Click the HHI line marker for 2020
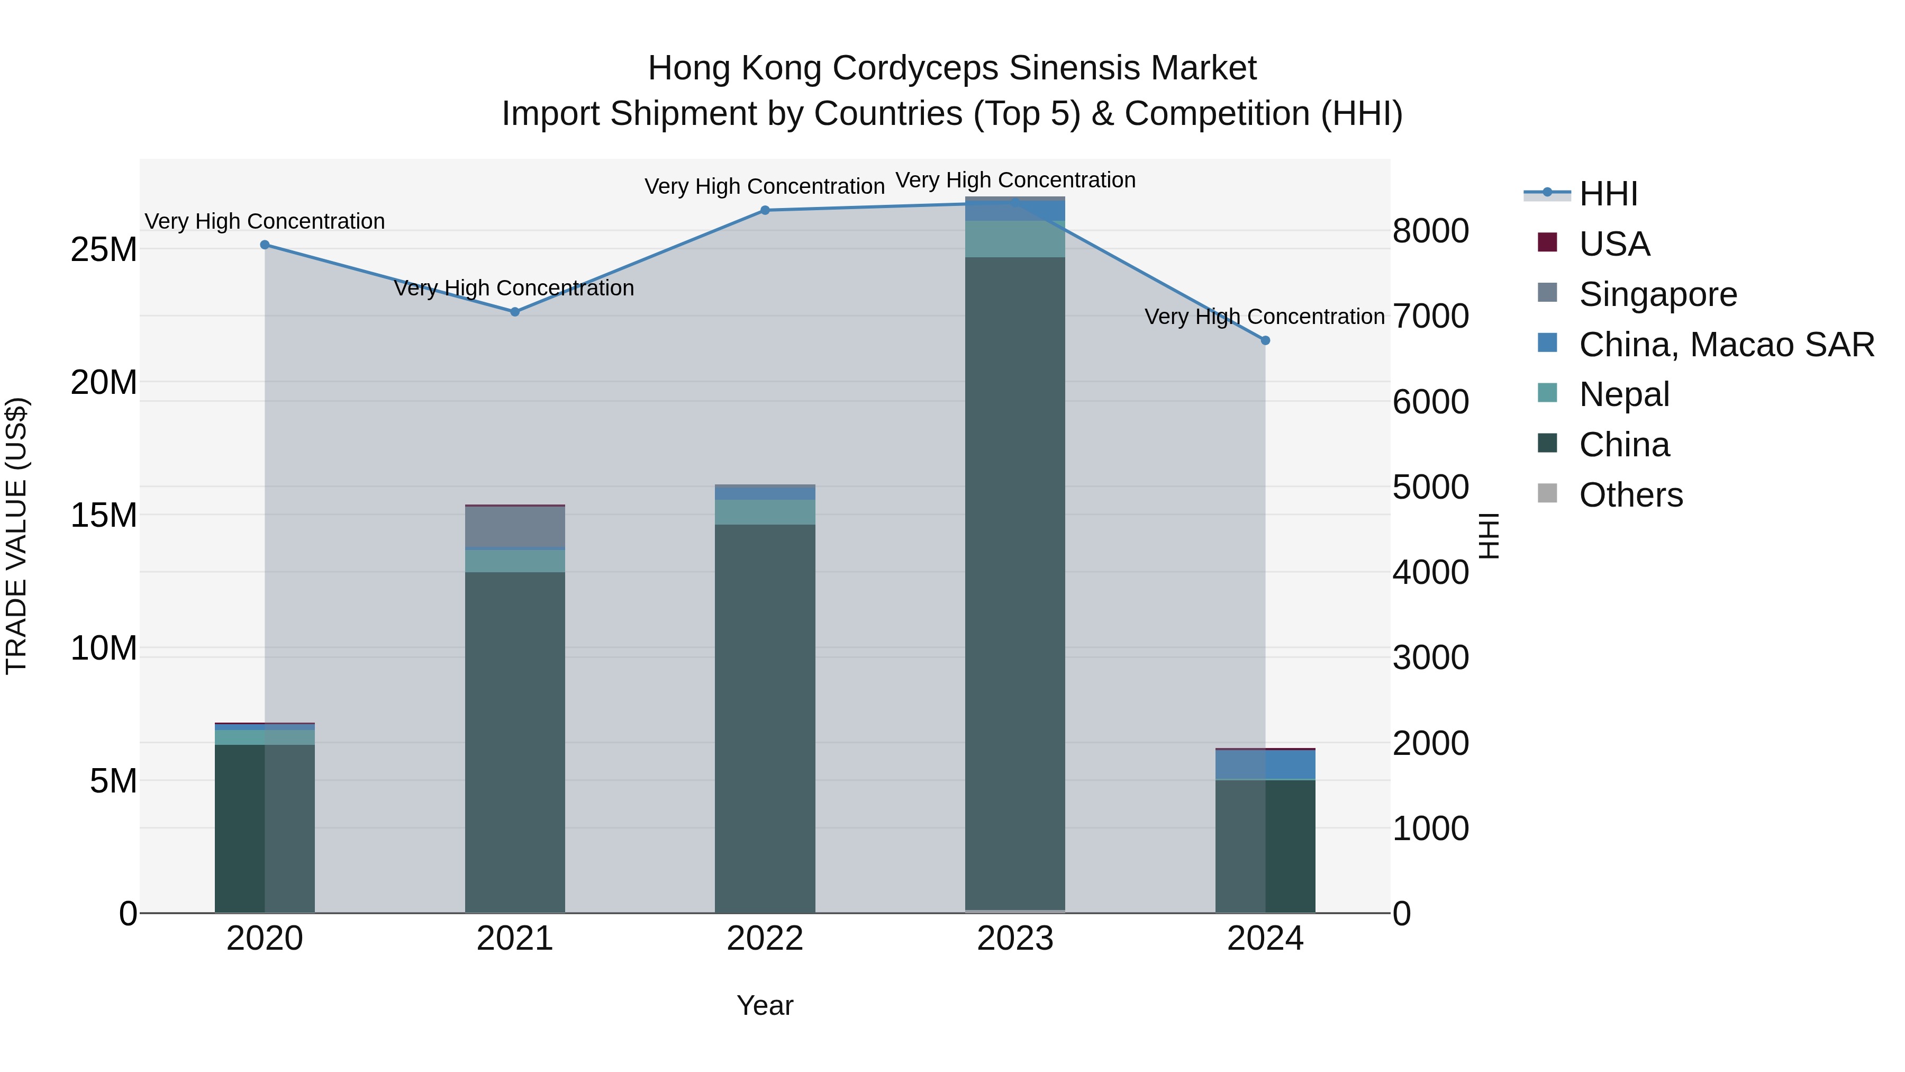(265, 245)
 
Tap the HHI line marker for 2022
(765, 210)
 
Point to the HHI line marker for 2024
(1265, 340)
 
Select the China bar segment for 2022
(765, 718)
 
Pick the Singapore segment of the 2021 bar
(515, 527)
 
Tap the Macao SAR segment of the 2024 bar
(1265, 765)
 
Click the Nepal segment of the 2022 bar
(765, 512)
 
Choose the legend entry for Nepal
(1624, 394)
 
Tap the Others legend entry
(1631, 495)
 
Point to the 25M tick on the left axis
(104, 250)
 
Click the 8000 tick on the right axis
(1430, 231)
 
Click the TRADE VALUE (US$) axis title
(16, 536)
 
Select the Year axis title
(765, 1005)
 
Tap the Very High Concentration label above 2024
(1264, 317)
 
